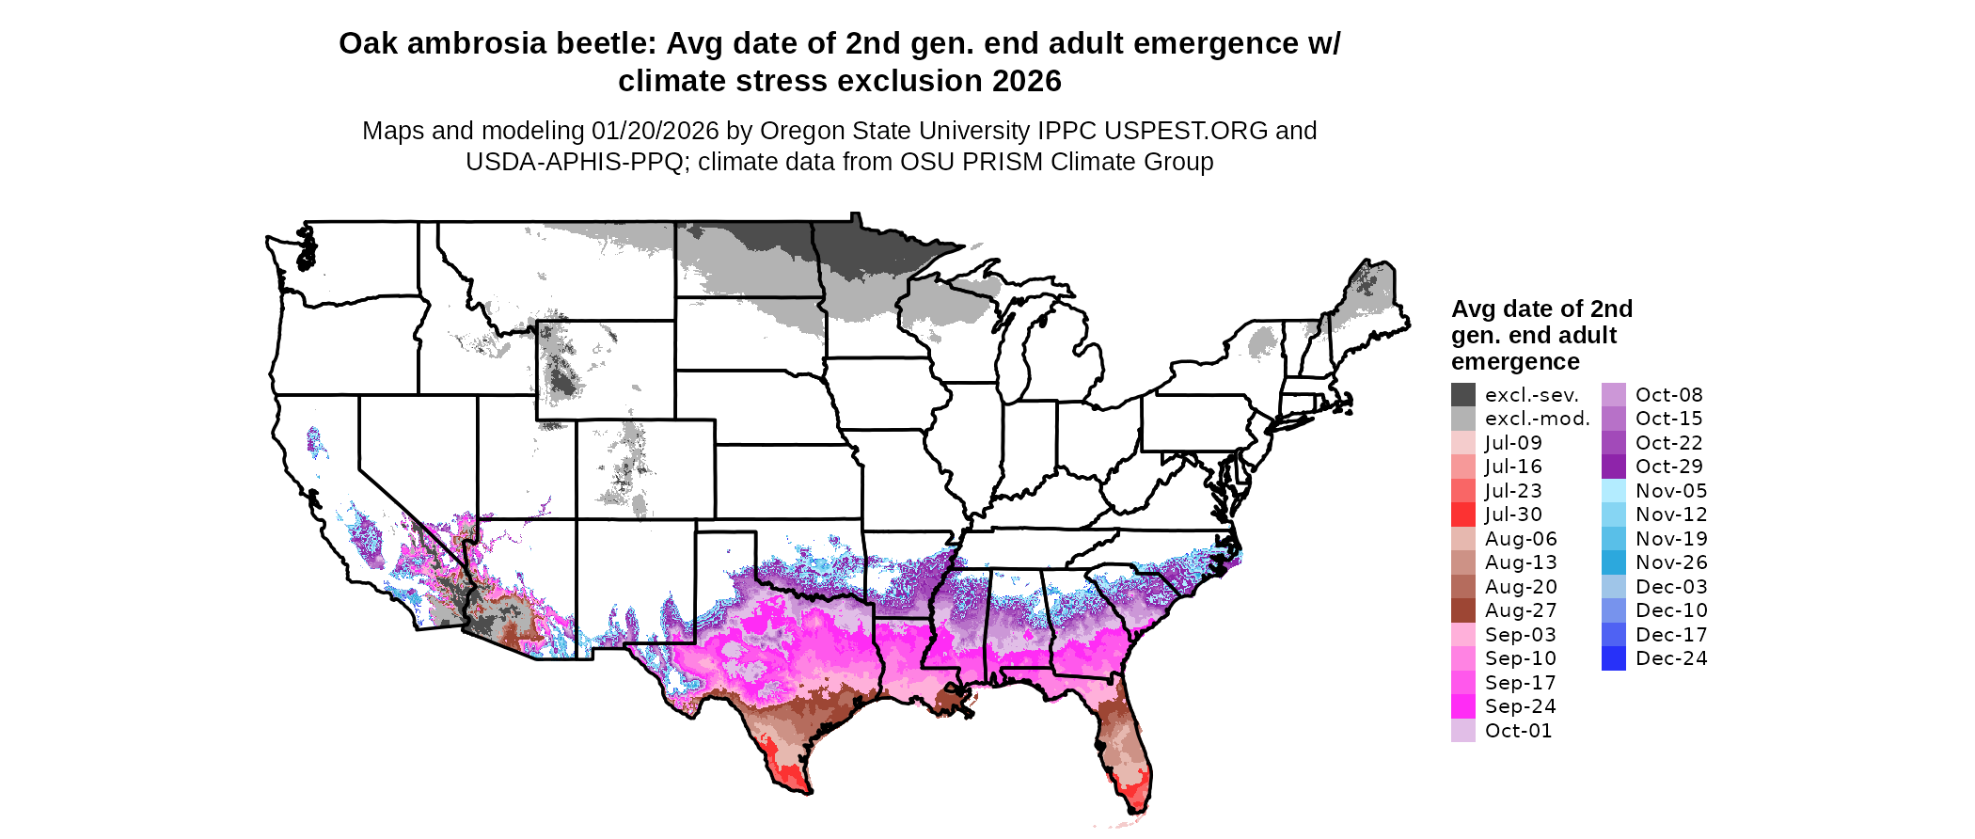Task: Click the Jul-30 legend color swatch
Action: click(1463, 514)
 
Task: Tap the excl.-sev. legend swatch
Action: click(1463, 395)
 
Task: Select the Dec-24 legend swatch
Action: click(1614, 658)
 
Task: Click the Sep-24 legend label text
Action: click(1520, 706)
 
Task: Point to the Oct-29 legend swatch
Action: click(1614, 467)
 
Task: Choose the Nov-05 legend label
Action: click(1670, 491)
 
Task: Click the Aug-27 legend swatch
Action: click(1463, 610)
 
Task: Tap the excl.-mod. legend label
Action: click(1537, 419)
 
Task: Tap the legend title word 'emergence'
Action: click(1515, 362)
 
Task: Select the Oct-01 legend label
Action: click(1518, 731)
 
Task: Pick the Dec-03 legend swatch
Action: click(1614, 587)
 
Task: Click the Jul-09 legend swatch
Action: click(1463, 443)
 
